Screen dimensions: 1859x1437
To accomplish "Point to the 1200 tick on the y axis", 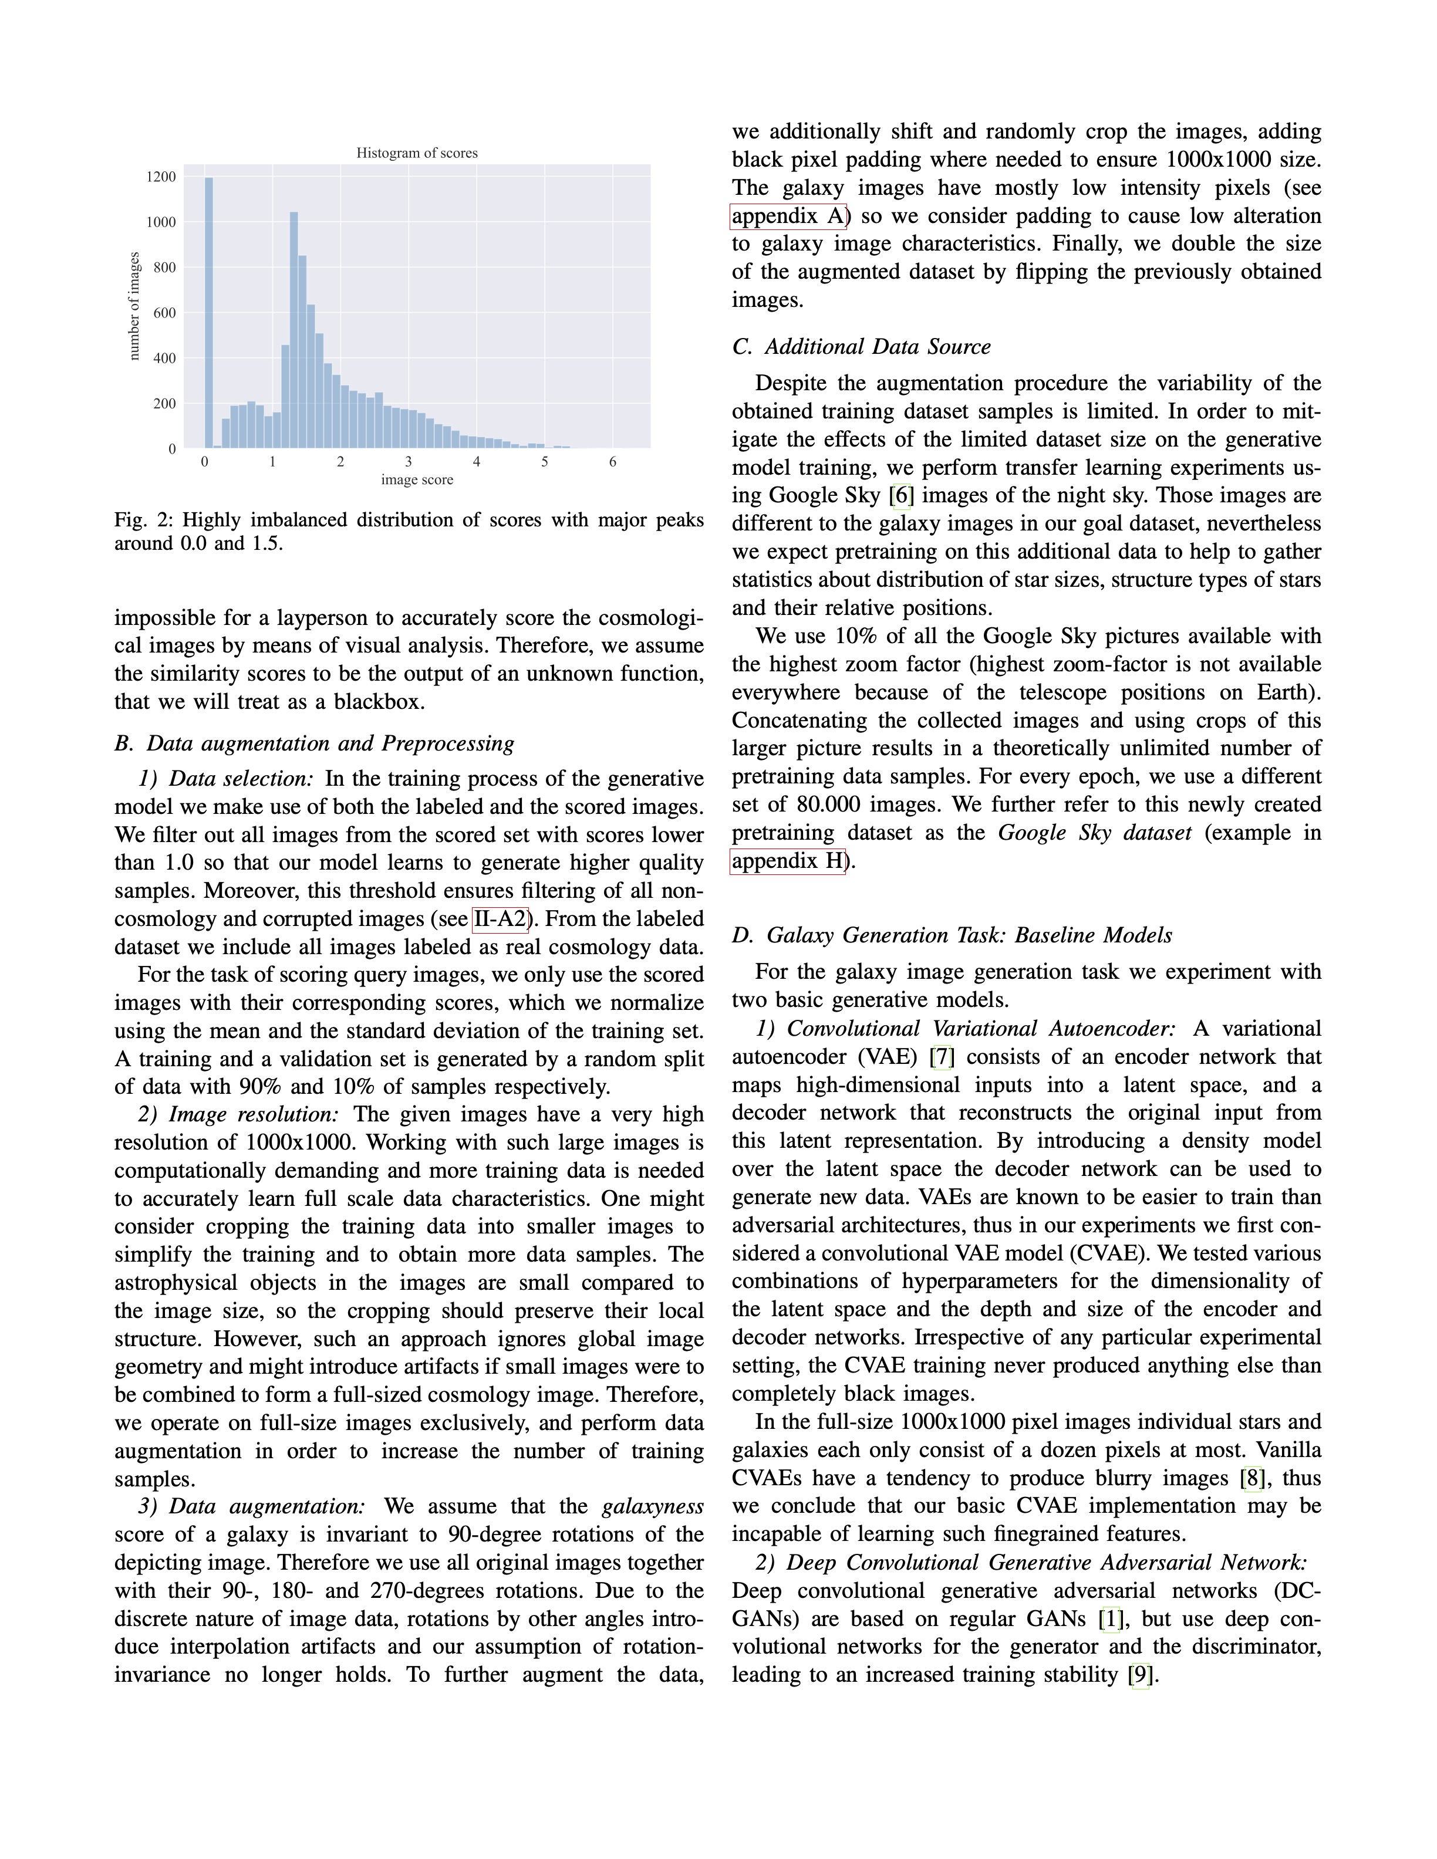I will [x=161, y=177].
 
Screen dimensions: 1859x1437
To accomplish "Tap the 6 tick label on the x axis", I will [x=612, y=462].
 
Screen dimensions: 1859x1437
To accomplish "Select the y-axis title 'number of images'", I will [x=134, y=306].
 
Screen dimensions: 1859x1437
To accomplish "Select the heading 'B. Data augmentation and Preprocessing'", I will [x=314, y=743].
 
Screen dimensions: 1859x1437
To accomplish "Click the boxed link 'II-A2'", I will [x=501, y=920].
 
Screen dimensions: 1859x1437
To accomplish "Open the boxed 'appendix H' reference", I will [x=787, y=861].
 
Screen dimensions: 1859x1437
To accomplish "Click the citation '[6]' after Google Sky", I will [x=900, y=495].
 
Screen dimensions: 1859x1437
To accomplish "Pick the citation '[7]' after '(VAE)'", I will [x=942, y=1057].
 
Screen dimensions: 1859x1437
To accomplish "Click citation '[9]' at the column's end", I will [x=1139, y=1675].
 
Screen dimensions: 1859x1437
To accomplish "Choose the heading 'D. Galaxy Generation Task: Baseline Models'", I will [x=952, y=935].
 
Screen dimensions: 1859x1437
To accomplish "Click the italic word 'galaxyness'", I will [x=652, y=1506].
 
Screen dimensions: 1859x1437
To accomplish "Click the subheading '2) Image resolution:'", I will [x=238, y=1114].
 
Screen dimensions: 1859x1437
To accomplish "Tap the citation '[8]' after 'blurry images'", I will [x=1252, y=1479].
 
